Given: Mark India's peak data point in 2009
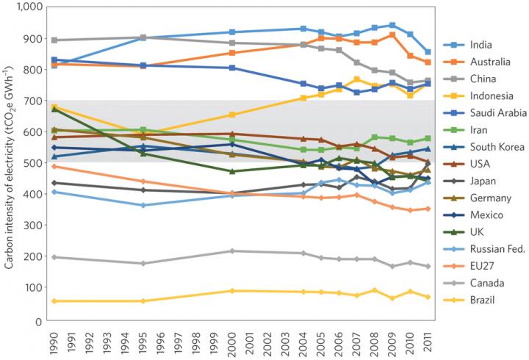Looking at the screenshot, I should click(392, 25).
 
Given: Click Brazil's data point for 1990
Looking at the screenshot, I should click(52, 301).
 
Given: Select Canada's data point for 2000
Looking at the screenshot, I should click(232, 251).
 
